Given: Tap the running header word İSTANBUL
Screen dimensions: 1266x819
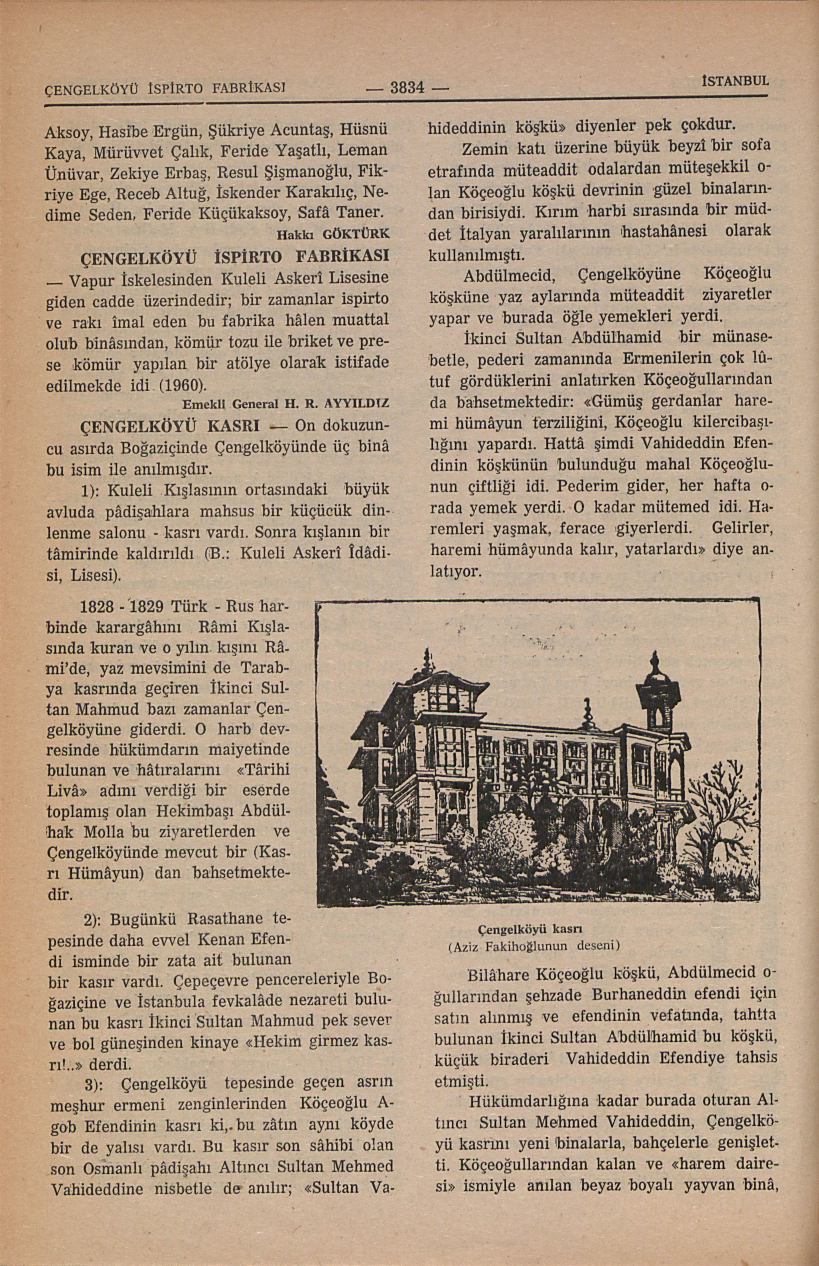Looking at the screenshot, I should [734, 81].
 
